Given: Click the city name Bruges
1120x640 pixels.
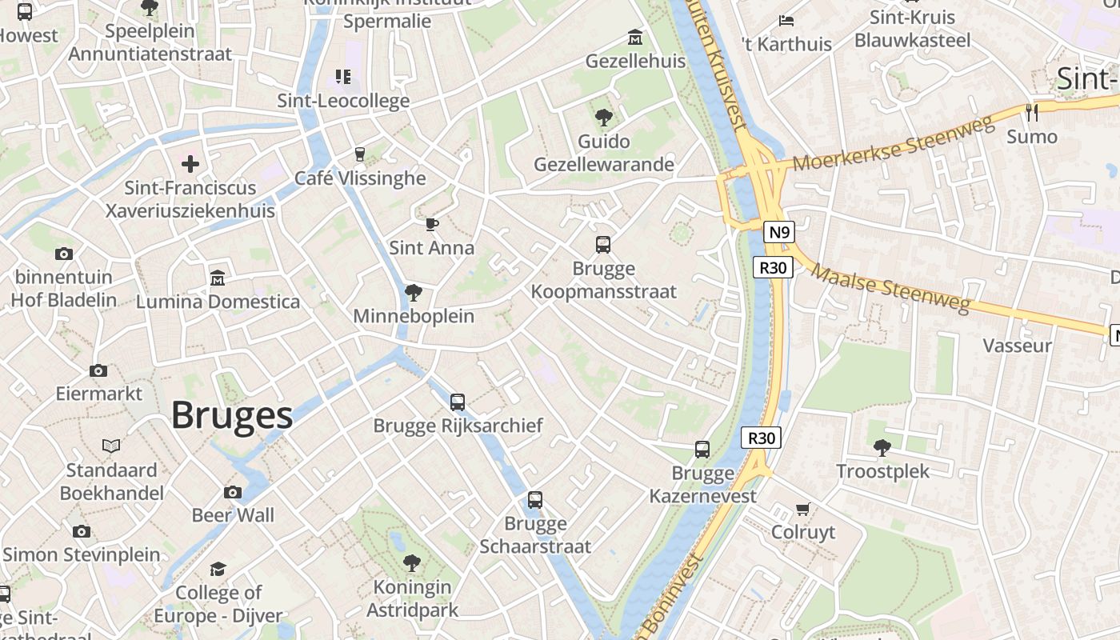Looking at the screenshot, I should click(232, 416).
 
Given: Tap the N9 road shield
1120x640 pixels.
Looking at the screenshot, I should click(778, 233).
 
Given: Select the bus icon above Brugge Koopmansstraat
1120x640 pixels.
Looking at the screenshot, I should click(603, 245).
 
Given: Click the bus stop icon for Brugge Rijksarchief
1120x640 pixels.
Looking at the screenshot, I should click(458, 402).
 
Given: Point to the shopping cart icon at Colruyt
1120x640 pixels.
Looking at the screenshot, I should click(803, 509).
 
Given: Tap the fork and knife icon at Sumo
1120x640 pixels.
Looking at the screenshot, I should click(1032, 113).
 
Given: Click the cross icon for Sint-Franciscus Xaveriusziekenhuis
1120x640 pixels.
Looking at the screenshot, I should click(190, 164).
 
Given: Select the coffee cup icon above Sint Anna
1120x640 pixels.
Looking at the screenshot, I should click(432, 224).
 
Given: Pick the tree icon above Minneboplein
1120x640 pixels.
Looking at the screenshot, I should click(414, 292).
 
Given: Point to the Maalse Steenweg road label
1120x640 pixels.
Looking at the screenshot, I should click(891, 290).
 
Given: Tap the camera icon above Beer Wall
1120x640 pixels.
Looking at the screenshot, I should click(233, 492).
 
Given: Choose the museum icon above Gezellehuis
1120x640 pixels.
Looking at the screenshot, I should click(635, 38).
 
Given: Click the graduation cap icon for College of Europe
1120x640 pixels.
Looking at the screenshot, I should click(218, 569).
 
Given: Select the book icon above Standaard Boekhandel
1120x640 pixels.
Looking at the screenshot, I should click(111, 446).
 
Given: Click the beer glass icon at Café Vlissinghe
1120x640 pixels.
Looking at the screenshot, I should click(360, 154).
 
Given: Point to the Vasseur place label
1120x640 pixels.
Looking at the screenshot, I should click(1017, 346).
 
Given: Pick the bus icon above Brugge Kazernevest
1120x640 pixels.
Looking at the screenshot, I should click(702, 450).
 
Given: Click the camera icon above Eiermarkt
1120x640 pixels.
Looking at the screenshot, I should click(98, 370).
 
